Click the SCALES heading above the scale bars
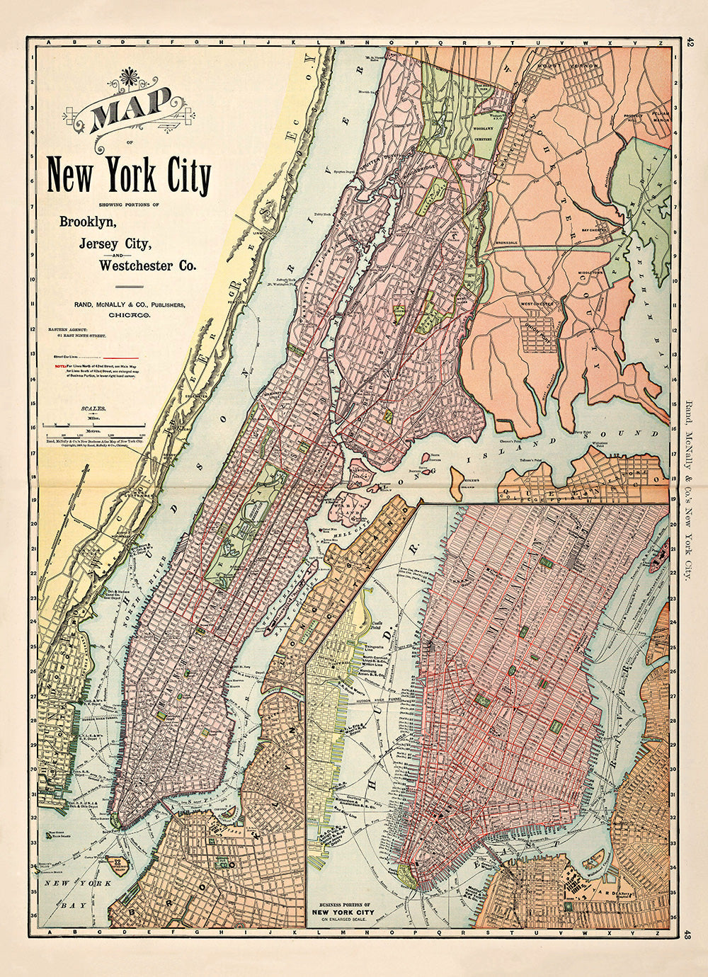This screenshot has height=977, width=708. (93, 409)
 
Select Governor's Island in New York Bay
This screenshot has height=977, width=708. (116, 864)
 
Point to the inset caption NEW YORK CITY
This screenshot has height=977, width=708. (346, 911)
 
